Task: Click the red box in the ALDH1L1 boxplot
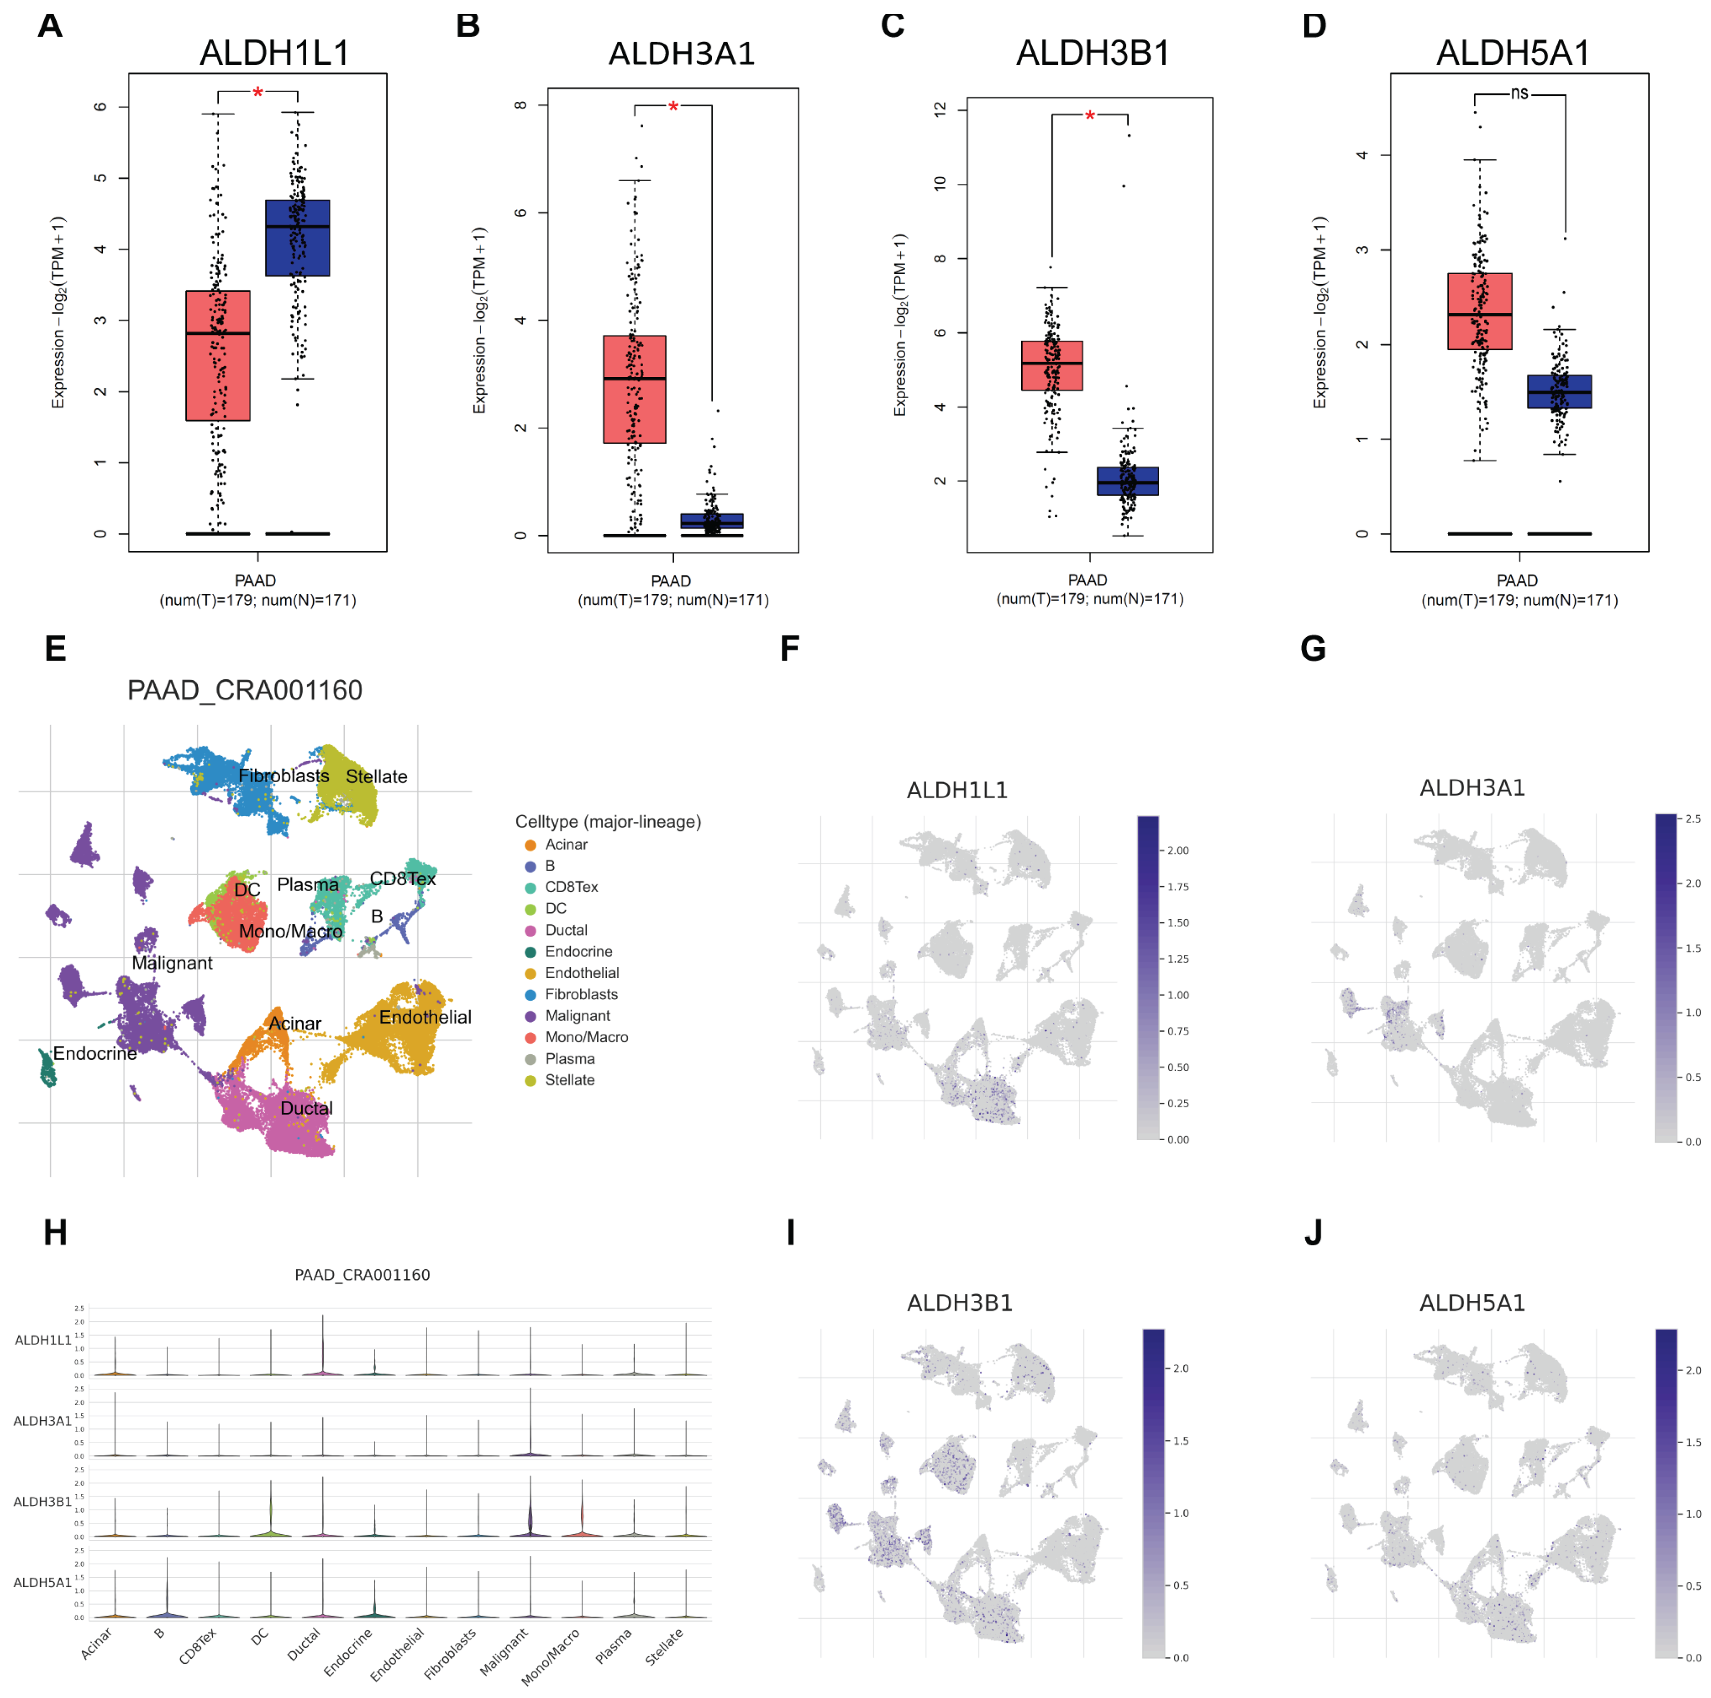(218, 355)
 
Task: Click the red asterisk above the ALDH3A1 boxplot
(673, 107)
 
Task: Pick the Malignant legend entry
(576, 1016)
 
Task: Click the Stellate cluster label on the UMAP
(377, 777)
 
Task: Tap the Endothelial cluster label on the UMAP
(425, 1017)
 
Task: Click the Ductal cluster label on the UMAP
(306, 1108)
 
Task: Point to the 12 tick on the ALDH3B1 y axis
(940, 109)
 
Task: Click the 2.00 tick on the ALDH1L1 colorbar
(1178, 851)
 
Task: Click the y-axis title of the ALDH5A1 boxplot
(1319, 313)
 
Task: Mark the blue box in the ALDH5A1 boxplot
(1559, 392)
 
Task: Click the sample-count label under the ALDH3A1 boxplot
(673, 599)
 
